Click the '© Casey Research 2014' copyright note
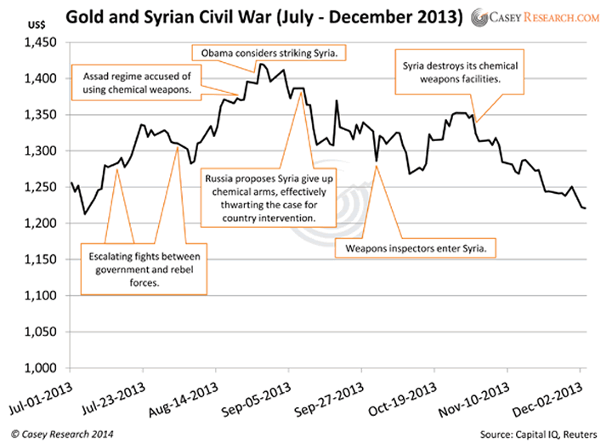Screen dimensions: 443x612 click(58, 431)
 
